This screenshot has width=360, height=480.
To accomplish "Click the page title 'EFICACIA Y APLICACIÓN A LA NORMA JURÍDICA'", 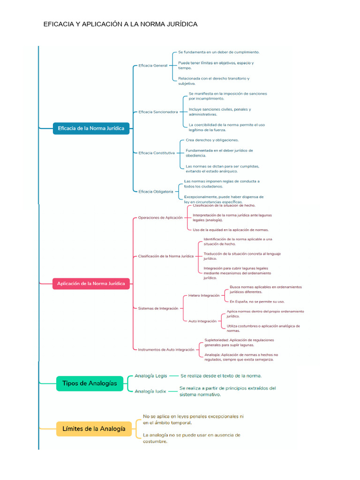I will tap(120, 24).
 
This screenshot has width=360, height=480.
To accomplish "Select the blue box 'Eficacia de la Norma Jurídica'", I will tap(91, 128).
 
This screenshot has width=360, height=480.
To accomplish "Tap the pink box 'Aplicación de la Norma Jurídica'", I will tap(91, 284).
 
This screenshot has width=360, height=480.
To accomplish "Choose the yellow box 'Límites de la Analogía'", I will tap(94, 428).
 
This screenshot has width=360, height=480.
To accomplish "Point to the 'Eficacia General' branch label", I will tap(153, 66).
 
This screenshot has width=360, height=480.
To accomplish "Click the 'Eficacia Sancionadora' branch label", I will tap(158, 112).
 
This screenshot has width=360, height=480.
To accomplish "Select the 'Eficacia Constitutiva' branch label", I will tap(157, 153).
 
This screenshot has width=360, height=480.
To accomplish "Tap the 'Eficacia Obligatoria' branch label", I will tap(156, 191).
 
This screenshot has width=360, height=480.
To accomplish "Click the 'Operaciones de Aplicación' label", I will tap(160, 217).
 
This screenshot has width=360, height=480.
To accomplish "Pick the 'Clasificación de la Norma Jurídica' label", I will tap(165, 256).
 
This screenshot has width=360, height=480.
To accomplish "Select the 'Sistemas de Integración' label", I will tap(158, 308).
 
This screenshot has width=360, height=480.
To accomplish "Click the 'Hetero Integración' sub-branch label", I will tap(203, 296).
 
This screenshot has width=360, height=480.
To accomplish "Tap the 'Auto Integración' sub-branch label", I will tap(202, 321).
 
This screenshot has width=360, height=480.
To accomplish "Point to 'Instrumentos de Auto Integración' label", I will tap(166, 349).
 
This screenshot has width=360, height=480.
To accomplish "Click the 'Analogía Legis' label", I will tap(150, 375).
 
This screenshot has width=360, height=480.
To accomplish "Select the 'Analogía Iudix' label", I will tap(150, 391).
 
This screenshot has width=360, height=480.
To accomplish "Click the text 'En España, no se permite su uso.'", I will tap(257, 301).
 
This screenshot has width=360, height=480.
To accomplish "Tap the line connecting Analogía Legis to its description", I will tap(174, 375).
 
